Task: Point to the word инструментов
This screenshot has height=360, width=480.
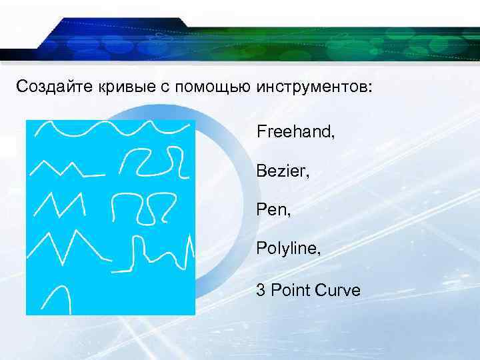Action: (x=309, y=86)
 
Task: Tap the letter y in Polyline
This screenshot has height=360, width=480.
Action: (x=287, y=253)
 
